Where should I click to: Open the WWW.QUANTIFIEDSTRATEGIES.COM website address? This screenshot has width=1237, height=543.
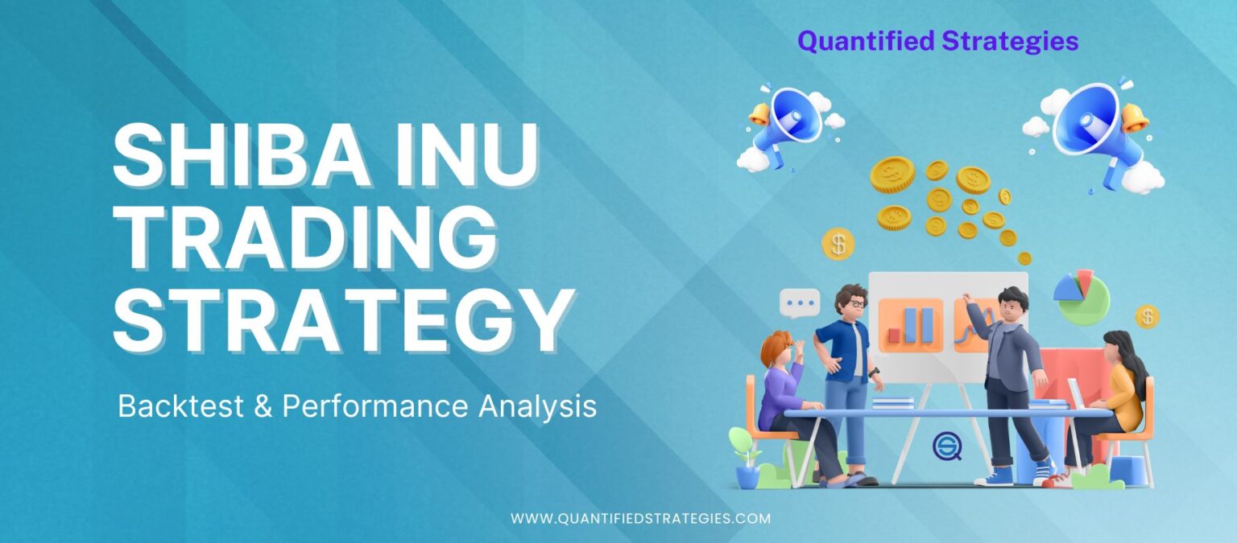tap(640, 519)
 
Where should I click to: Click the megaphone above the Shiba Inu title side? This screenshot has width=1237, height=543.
tap(785, 125)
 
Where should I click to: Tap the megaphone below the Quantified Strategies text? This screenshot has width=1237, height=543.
tap(1095, 125)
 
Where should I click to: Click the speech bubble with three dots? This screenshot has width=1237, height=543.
tap(800, 303)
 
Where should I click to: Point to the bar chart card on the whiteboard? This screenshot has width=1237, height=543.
tap(910, 325)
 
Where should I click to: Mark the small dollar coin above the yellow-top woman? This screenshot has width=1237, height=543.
tap(1147, 316)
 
